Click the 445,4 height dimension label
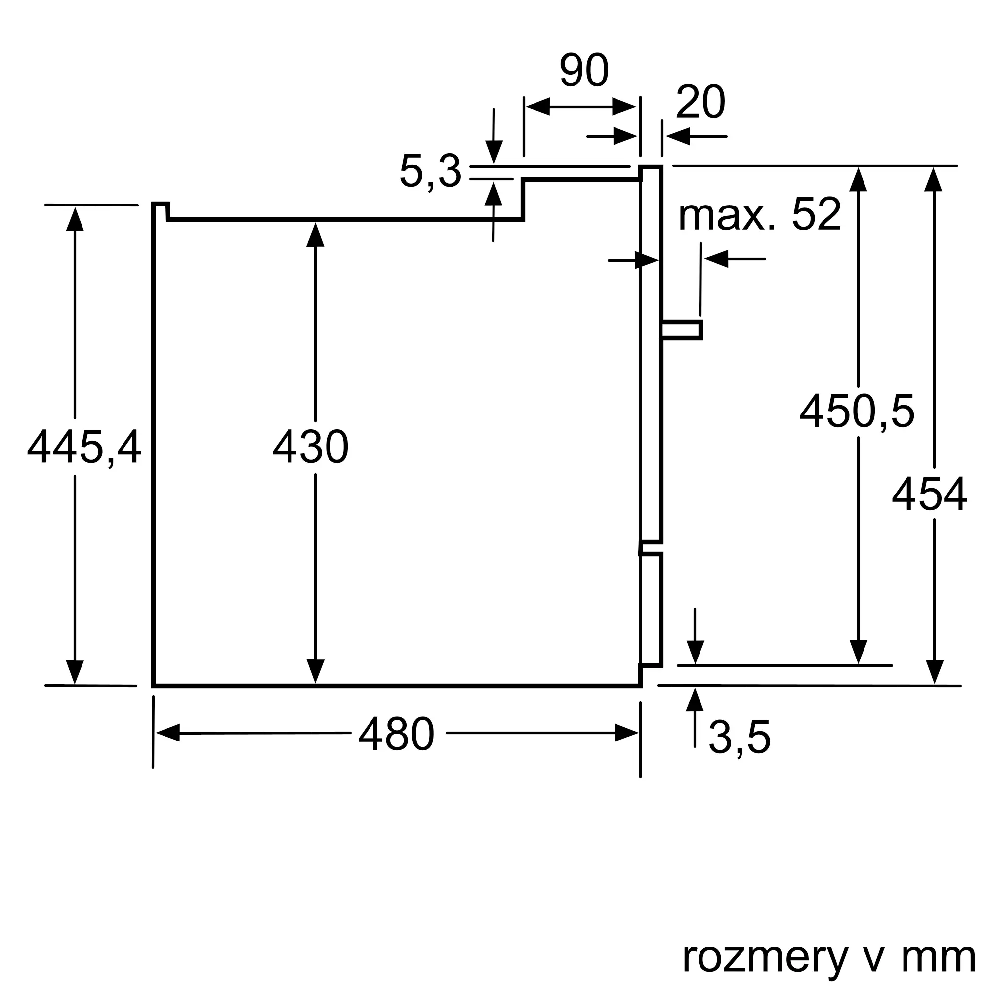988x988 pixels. point(84,447)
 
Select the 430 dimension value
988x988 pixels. point(310,447)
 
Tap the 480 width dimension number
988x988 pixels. point(396,733)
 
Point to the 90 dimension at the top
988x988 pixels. point(584,70)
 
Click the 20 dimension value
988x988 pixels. point(700,102)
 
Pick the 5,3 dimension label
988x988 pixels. point(430,171)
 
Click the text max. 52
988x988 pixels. point(759,214)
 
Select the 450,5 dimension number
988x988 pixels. point(857,411)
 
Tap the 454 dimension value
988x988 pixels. point(929,494)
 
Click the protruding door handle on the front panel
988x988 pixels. point(681,330)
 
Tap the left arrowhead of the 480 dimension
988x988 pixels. point(168,733)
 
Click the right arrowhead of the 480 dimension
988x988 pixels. point(627,733)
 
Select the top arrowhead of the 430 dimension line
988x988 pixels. point(315,235)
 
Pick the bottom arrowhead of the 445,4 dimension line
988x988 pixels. point(75,672)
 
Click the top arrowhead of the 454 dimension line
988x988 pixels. point(933,179)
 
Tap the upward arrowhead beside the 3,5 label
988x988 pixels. point(695,700)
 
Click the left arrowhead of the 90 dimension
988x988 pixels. point(538,106)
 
